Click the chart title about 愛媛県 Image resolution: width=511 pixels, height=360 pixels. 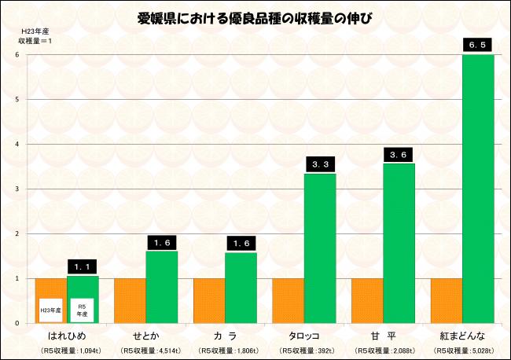[255, 17]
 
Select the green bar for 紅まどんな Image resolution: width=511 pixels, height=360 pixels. [477, 189]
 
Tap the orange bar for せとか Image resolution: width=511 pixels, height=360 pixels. [130, 300]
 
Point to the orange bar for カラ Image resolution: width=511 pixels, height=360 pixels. [209, 300]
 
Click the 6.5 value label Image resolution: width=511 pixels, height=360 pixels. [477, 46]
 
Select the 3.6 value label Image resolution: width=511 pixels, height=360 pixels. [399, 155]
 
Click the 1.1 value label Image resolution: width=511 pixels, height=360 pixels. [83, 267]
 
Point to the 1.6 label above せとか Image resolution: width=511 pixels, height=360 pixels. [162, 243]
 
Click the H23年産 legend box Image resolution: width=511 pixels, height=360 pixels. [51, 310]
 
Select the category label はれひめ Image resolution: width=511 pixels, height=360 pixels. [67, 336]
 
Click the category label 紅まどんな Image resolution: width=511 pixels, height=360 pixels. [461, 336]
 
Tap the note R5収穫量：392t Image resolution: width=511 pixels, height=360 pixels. [303, 350]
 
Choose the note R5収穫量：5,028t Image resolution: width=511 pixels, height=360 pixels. [461, 350]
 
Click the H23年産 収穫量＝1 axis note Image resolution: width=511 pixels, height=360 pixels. [35, 36]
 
